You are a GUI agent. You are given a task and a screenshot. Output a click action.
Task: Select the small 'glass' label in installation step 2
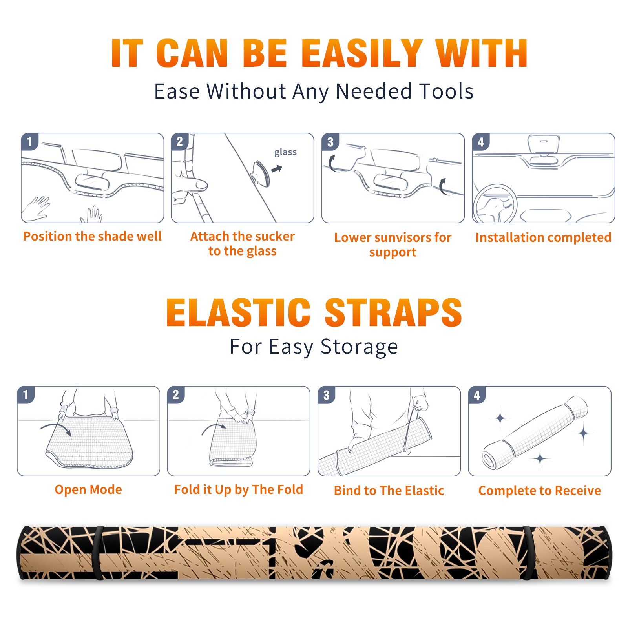tap(285, 152)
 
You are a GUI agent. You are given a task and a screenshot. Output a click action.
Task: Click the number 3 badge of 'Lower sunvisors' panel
tap(330, 142)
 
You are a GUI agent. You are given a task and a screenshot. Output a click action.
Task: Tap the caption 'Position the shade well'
tap(92, 236)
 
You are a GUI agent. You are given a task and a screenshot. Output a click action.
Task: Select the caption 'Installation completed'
tap(543, 237)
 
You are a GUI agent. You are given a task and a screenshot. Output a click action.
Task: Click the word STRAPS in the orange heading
tap(393, 312)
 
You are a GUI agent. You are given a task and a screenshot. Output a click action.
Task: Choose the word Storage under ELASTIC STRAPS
tap(359, 347)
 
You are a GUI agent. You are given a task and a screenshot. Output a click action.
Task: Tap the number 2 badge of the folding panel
tap(176, 395)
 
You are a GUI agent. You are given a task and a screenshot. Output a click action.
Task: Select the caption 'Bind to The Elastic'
tap(389, 491)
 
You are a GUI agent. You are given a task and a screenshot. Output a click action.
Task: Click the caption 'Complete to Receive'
tap(540, 491)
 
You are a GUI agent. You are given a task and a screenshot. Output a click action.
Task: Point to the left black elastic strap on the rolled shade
tap(99, 553)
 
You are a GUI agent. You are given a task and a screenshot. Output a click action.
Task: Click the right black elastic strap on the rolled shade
tap(527, 553)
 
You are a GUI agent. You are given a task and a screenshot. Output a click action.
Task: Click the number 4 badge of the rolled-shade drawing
tap(477, 395)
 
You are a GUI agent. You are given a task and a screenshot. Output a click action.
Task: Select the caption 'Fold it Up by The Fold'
tap(239, 490)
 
